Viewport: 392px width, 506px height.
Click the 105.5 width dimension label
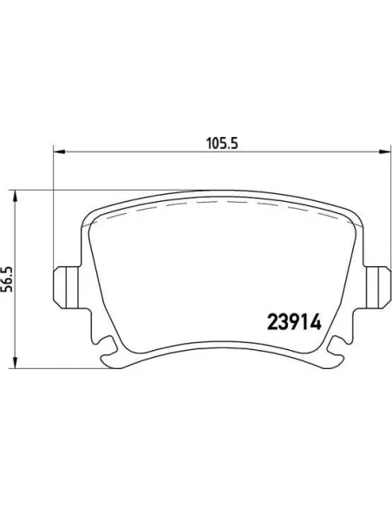222,143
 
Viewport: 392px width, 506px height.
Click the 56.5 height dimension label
7,279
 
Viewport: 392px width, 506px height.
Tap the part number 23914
294,322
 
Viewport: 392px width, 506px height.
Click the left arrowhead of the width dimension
59,151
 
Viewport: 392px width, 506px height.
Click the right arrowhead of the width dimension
385,151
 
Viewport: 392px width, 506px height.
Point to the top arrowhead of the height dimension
14,197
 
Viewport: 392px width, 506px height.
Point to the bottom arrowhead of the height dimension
14,361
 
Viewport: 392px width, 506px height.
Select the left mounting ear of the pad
66,287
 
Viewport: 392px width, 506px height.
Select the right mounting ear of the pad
378,287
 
